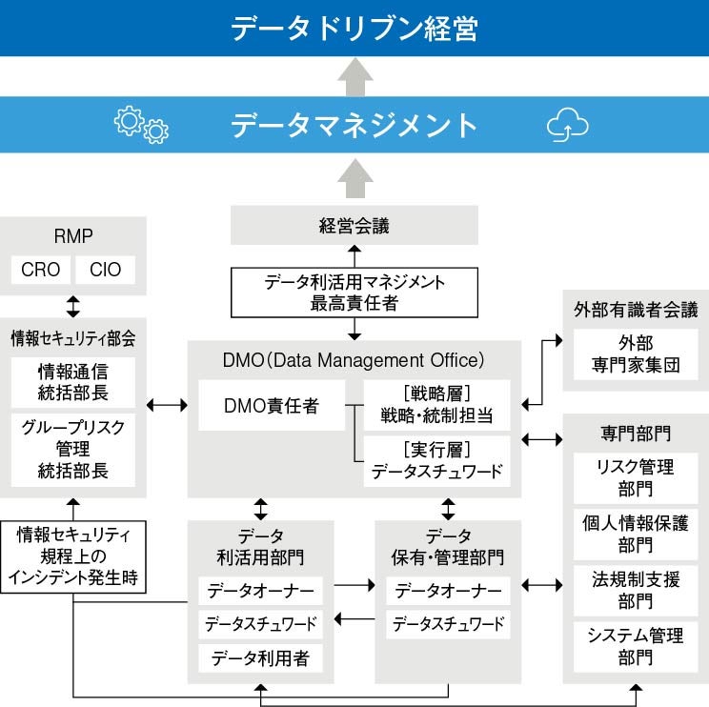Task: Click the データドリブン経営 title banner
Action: point(354,28)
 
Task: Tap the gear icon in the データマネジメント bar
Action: point(140,125)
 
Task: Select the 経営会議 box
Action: point(354,227)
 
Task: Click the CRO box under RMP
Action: point(40,270)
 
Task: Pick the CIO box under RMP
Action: point(106,270)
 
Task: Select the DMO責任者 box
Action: point(271,406)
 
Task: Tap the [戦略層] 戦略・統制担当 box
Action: point(436,406)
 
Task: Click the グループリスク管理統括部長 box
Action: point(73,448)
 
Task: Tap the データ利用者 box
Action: point(260,657)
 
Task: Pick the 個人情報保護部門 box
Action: point(635,534)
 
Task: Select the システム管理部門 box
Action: point(635,646)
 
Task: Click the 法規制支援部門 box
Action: point(635,590)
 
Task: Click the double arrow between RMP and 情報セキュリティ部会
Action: point(73,306)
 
